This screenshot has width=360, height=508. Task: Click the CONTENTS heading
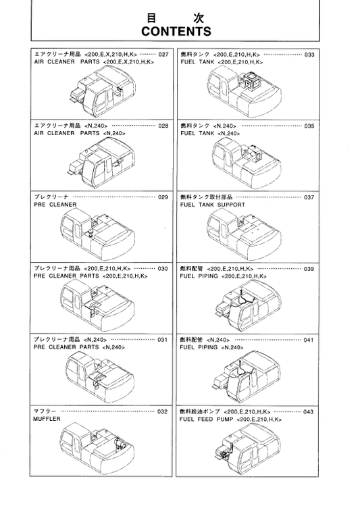click(176, 32)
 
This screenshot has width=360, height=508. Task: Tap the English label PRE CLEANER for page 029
click(55, 204)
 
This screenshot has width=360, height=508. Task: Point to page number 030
click(163, 268)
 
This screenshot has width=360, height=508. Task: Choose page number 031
click(163, 339)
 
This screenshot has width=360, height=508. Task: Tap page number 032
click(163, 411)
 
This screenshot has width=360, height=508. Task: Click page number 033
click(309, 54)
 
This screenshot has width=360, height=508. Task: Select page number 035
click(309, 126)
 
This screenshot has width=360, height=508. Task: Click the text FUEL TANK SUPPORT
click(213, 204)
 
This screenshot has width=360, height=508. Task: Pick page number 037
click(309, 197)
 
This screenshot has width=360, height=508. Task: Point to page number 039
click(309, 268)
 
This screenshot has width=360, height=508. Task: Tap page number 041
click(309, 339)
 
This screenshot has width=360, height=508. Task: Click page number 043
click(309, 411)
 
